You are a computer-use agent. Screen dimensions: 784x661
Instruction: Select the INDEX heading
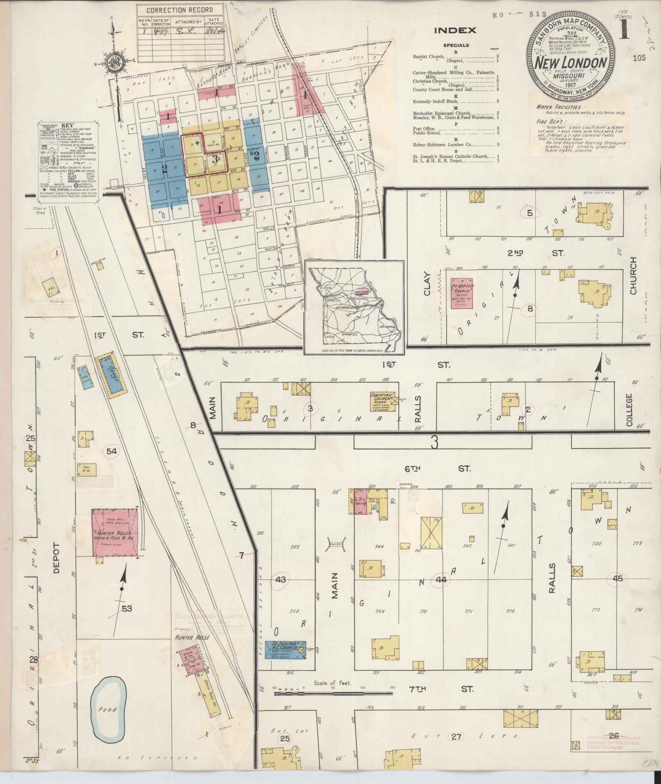[455, 30]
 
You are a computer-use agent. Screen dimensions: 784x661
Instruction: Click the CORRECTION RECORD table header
[180, 10]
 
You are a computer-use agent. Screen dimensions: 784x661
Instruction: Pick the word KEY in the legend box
[67, 126]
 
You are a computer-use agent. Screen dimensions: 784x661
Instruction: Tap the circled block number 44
[441, 579]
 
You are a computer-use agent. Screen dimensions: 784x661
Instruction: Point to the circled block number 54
[111, 451]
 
